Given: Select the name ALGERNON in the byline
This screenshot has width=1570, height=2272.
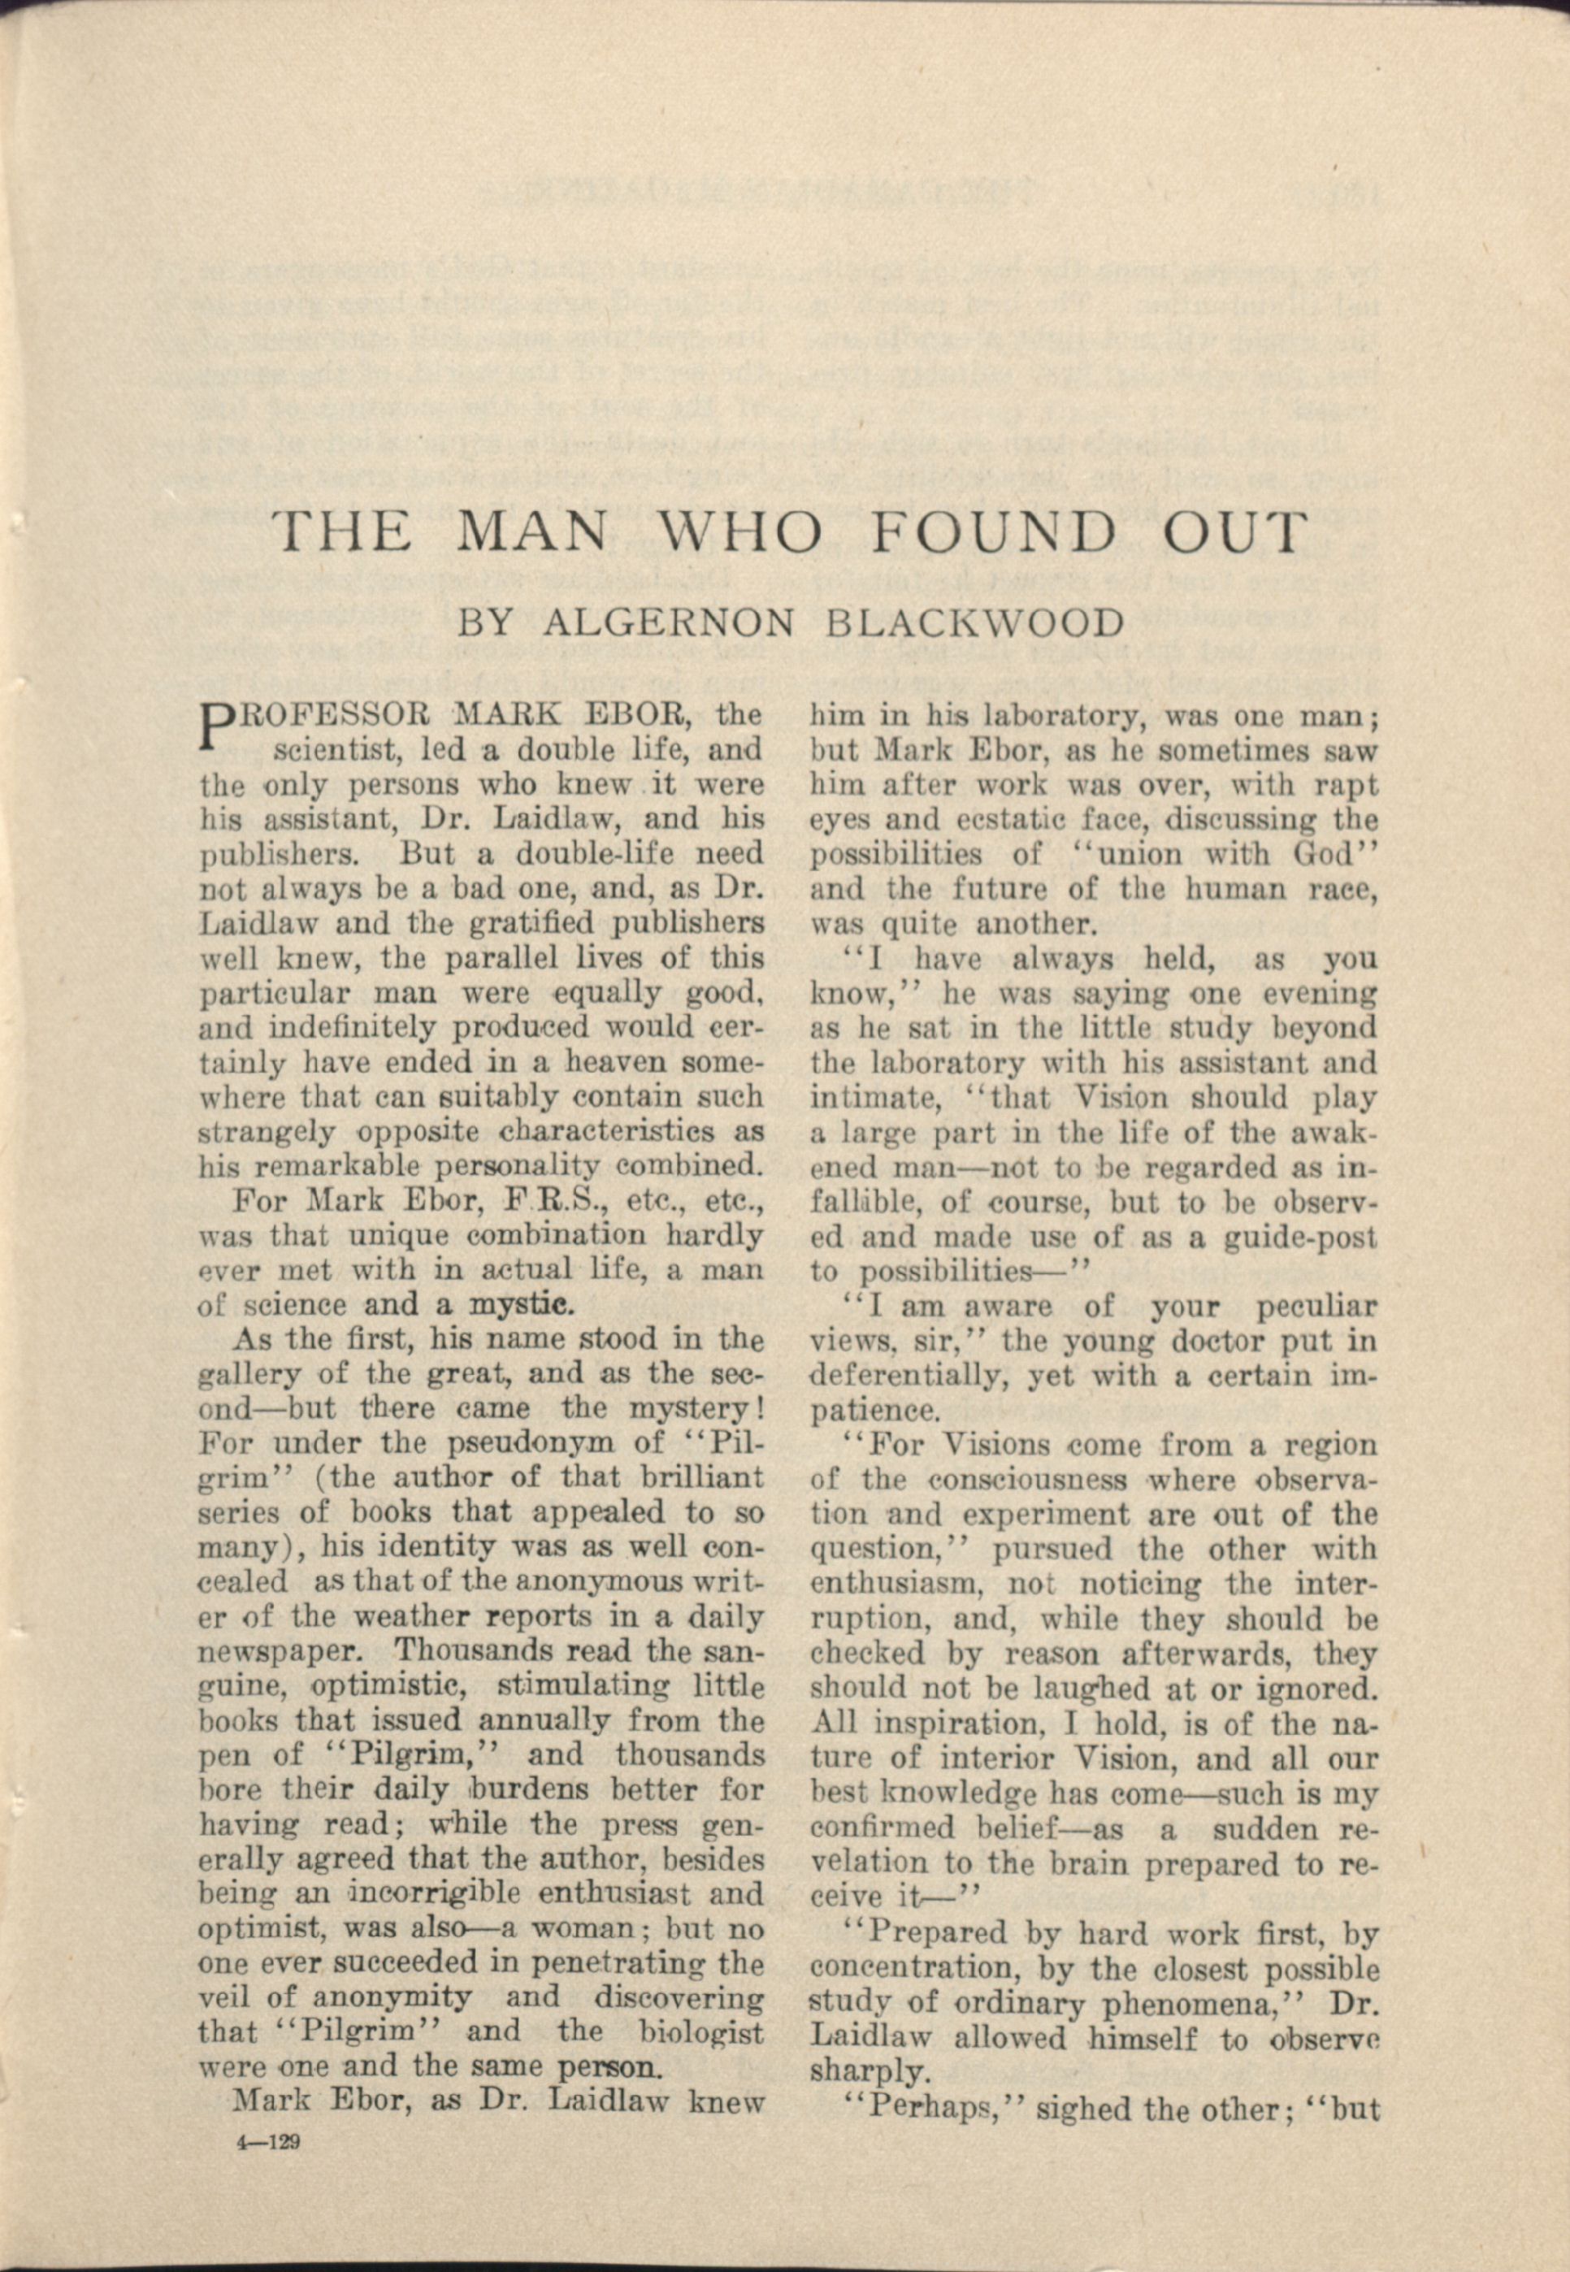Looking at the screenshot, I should pyautogui.click(x=668, y=622).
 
